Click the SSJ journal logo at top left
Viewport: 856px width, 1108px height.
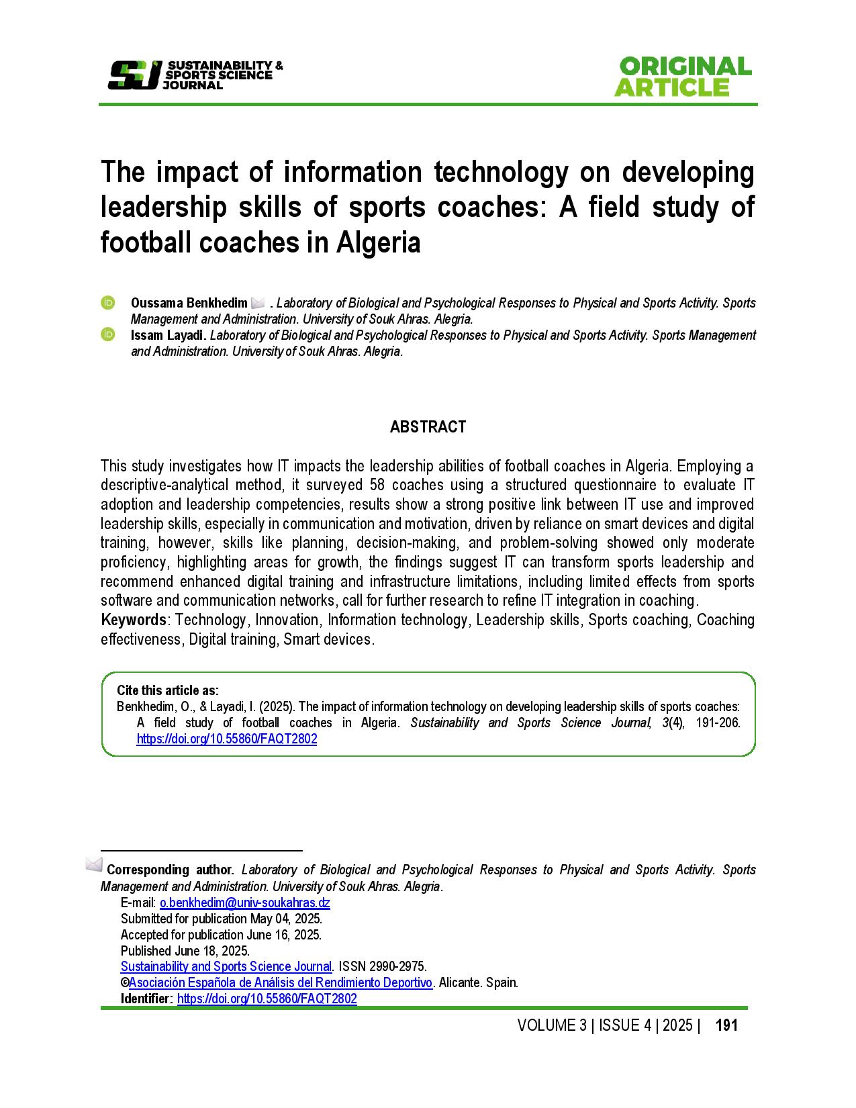point(195,75)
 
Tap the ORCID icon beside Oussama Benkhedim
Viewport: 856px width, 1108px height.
point(107,303)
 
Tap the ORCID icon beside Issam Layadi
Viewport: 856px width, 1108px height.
point(107,334)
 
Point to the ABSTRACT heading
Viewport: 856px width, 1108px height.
point(428,427)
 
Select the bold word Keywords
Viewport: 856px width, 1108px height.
point(133,620)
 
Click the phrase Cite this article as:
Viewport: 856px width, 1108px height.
point(167,690)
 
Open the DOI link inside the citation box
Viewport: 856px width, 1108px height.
point(226,739)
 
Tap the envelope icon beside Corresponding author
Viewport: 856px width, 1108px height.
point(94,864)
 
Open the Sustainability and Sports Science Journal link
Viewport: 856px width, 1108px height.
point(226,967)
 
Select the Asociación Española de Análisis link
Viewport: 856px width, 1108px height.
point(281,983)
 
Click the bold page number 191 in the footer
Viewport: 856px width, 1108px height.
point(726,1025)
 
